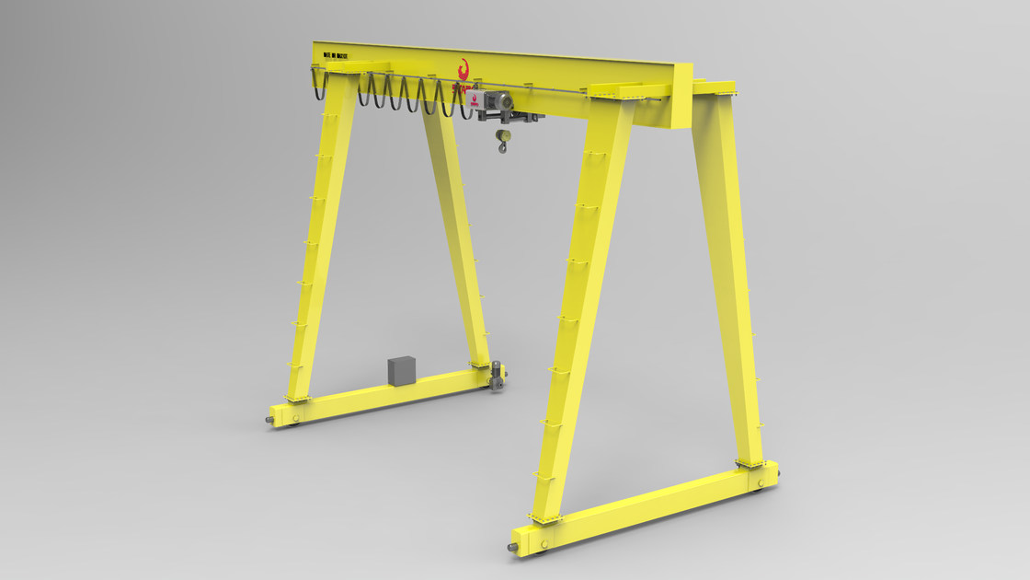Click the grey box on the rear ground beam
[402, 370]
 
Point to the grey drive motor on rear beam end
[498, 377]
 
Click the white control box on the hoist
[475, 103]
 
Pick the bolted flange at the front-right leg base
[749, 465]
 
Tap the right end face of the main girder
[681, 97]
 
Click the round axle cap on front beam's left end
[540, 546]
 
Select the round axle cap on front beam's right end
[758, 487]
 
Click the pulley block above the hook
[502, 134]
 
